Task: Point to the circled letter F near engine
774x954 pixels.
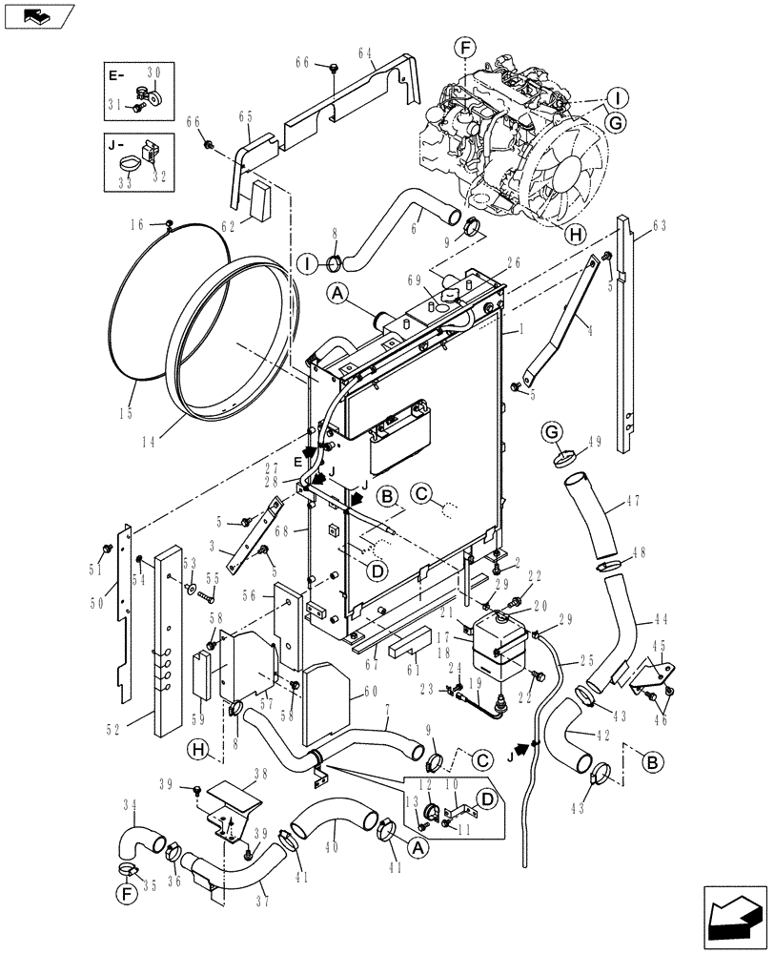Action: (x=464, y=48)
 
